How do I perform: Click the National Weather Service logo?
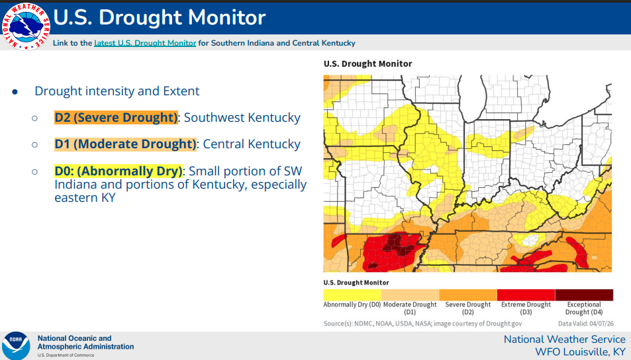[x=25, y=26]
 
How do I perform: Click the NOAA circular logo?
[x=16, y=345]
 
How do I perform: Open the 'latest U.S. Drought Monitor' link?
[x=145, y=43]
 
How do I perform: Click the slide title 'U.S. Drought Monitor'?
[x=159, y=17]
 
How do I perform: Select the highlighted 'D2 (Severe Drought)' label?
[x=116, y=118]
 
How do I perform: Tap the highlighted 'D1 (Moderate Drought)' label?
[x=125, y=144]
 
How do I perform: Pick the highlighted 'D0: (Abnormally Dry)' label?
[x=118, y=171]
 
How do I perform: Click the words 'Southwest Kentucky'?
[x=242, y=118]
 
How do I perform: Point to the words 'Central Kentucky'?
[x=252, y=144]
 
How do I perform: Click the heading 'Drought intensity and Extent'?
[x=117, y=91]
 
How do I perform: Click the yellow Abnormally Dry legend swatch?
[x=352, y=294]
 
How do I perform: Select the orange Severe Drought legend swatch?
[x=468, y=294]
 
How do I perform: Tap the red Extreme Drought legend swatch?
[x=526, y=294]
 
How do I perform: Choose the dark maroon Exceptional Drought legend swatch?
[x=584, y=294]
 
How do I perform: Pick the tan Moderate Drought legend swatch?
[x=410, y=294]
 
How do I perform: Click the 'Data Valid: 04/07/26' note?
[x=585, y=324]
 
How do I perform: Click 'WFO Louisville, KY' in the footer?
[x=580, y=351]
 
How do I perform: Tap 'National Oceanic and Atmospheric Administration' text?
[x=85, y=342]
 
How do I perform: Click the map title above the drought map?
[x=367, y=64]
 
